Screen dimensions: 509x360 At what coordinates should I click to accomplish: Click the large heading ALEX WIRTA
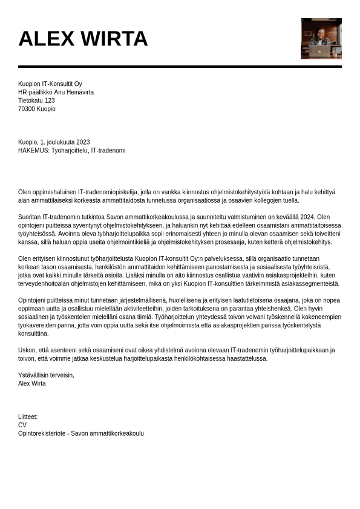click(83, 39)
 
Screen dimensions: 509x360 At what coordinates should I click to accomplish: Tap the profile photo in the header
click(321, 38)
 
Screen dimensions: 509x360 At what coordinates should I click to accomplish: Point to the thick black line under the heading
click(180, 66)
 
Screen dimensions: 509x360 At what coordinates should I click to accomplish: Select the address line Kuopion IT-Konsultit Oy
click(50, 84)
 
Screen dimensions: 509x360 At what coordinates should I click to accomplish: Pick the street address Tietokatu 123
click(36, 100)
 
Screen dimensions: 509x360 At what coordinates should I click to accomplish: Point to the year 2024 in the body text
click(307, 217)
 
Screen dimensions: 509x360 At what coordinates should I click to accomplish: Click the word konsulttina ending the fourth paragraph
click(33, 333)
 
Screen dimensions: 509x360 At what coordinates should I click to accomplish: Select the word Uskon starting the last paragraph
click(27, 350)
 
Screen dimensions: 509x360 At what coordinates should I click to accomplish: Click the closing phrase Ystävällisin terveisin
click(46, 375)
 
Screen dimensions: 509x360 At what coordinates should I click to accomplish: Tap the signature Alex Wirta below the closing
click(32, 384)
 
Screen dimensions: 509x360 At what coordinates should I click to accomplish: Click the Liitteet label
click(28, 417)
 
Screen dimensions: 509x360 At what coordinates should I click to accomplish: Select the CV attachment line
click(22, 425)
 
